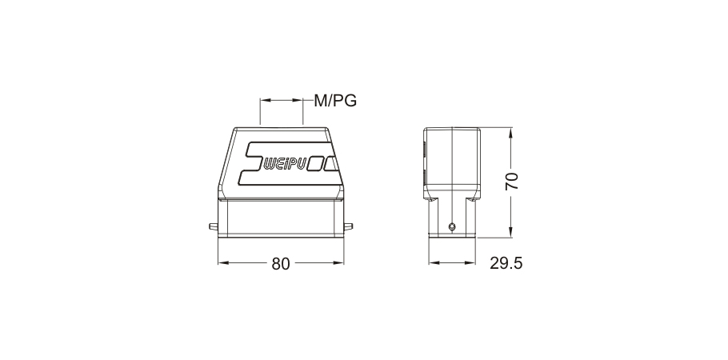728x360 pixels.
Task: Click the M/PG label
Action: pyautogui.click(x=335, y=100)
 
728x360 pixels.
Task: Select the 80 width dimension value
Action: pyautogui.click(x=281, y=264)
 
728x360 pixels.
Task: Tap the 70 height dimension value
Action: pyautogui.click(x=512, y=181)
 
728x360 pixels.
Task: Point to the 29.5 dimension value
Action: pyautogui.click(x=506, y=263)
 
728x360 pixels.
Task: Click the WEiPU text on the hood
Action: pyautogui.click(x=284, y=164)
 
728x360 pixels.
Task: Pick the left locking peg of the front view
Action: pyautogui.click(x=213, y=226)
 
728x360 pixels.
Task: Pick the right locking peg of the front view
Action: pyautogui.click(x=348, y=226)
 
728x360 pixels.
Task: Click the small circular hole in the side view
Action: pyautogui.click(x=452, y=226)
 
